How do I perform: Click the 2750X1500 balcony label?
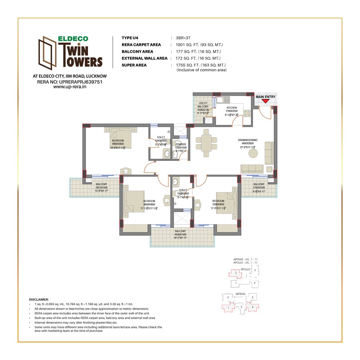coord(259,188)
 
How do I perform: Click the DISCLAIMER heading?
coord(39,299)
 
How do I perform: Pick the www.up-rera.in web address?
coord(70,86)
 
